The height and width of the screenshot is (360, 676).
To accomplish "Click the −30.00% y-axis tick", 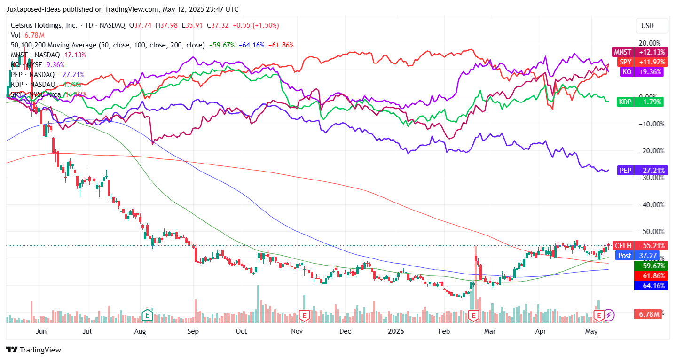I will pos(650,178).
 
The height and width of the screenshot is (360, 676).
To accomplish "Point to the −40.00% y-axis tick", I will pos(650,204).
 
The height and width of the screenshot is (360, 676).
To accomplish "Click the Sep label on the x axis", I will pos(193,331).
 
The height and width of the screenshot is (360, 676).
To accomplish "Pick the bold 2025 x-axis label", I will pos(396,331).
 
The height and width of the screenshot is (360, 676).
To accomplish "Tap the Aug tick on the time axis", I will pos(140,331).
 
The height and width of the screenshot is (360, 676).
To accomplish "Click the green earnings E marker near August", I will pos(148,314).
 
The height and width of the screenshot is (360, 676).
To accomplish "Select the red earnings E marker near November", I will pos(305,315).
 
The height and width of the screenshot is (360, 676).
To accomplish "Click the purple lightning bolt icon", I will pos(609,314).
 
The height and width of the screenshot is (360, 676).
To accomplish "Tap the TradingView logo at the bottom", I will pos(33,350).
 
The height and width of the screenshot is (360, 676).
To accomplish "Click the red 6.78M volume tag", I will pos(649,314).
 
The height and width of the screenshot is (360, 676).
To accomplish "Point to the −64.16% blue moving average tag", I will pos(651,285).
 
